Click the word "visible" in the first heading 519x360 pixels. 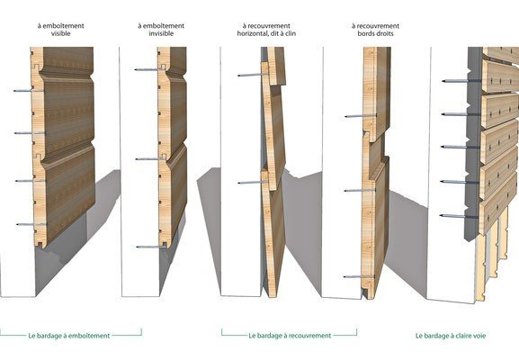[x=61, y=33]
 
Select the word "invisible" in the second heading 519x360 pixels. [x=161, y=33]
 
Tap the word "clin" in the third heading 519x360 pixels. [x=290, y=33]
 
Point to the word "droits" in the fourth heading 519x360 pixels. [x=384, y=33]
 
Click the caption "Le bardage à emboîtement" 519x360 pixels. [x=69, y=336]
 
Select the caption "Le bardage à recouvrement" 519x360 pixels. [x=290, y=336]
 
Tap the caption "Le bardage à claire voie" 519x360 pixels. [x=451, y=336]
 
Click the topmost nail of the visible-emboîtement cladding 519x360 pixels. [x=29, y=90]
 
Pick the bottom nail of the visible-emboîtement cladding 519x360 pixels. [x=31, y=224]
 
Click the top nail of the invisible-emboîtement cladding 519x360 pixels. [x=149, y=69]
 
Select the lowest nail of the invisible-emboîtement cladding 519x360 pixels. [x=151, y=247]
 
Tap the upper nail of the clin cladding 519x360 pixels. [x=252, y=76]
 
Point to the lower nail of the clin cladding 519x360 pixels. [x=253, y=183]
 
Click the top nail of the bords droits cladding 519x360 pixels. [x=361, y=116]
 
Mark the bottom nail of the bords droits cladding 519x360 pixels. [x=359, y=276]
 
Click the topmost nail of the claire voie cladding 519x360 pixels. [x=460, y=81]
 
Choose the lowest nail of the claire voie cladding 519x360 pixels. [x=459, y=216]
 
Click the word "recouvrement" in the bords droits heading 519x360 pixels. [x=375, y=26]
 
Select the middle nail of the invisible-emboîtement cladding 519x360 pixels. [x=150, y=159]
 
